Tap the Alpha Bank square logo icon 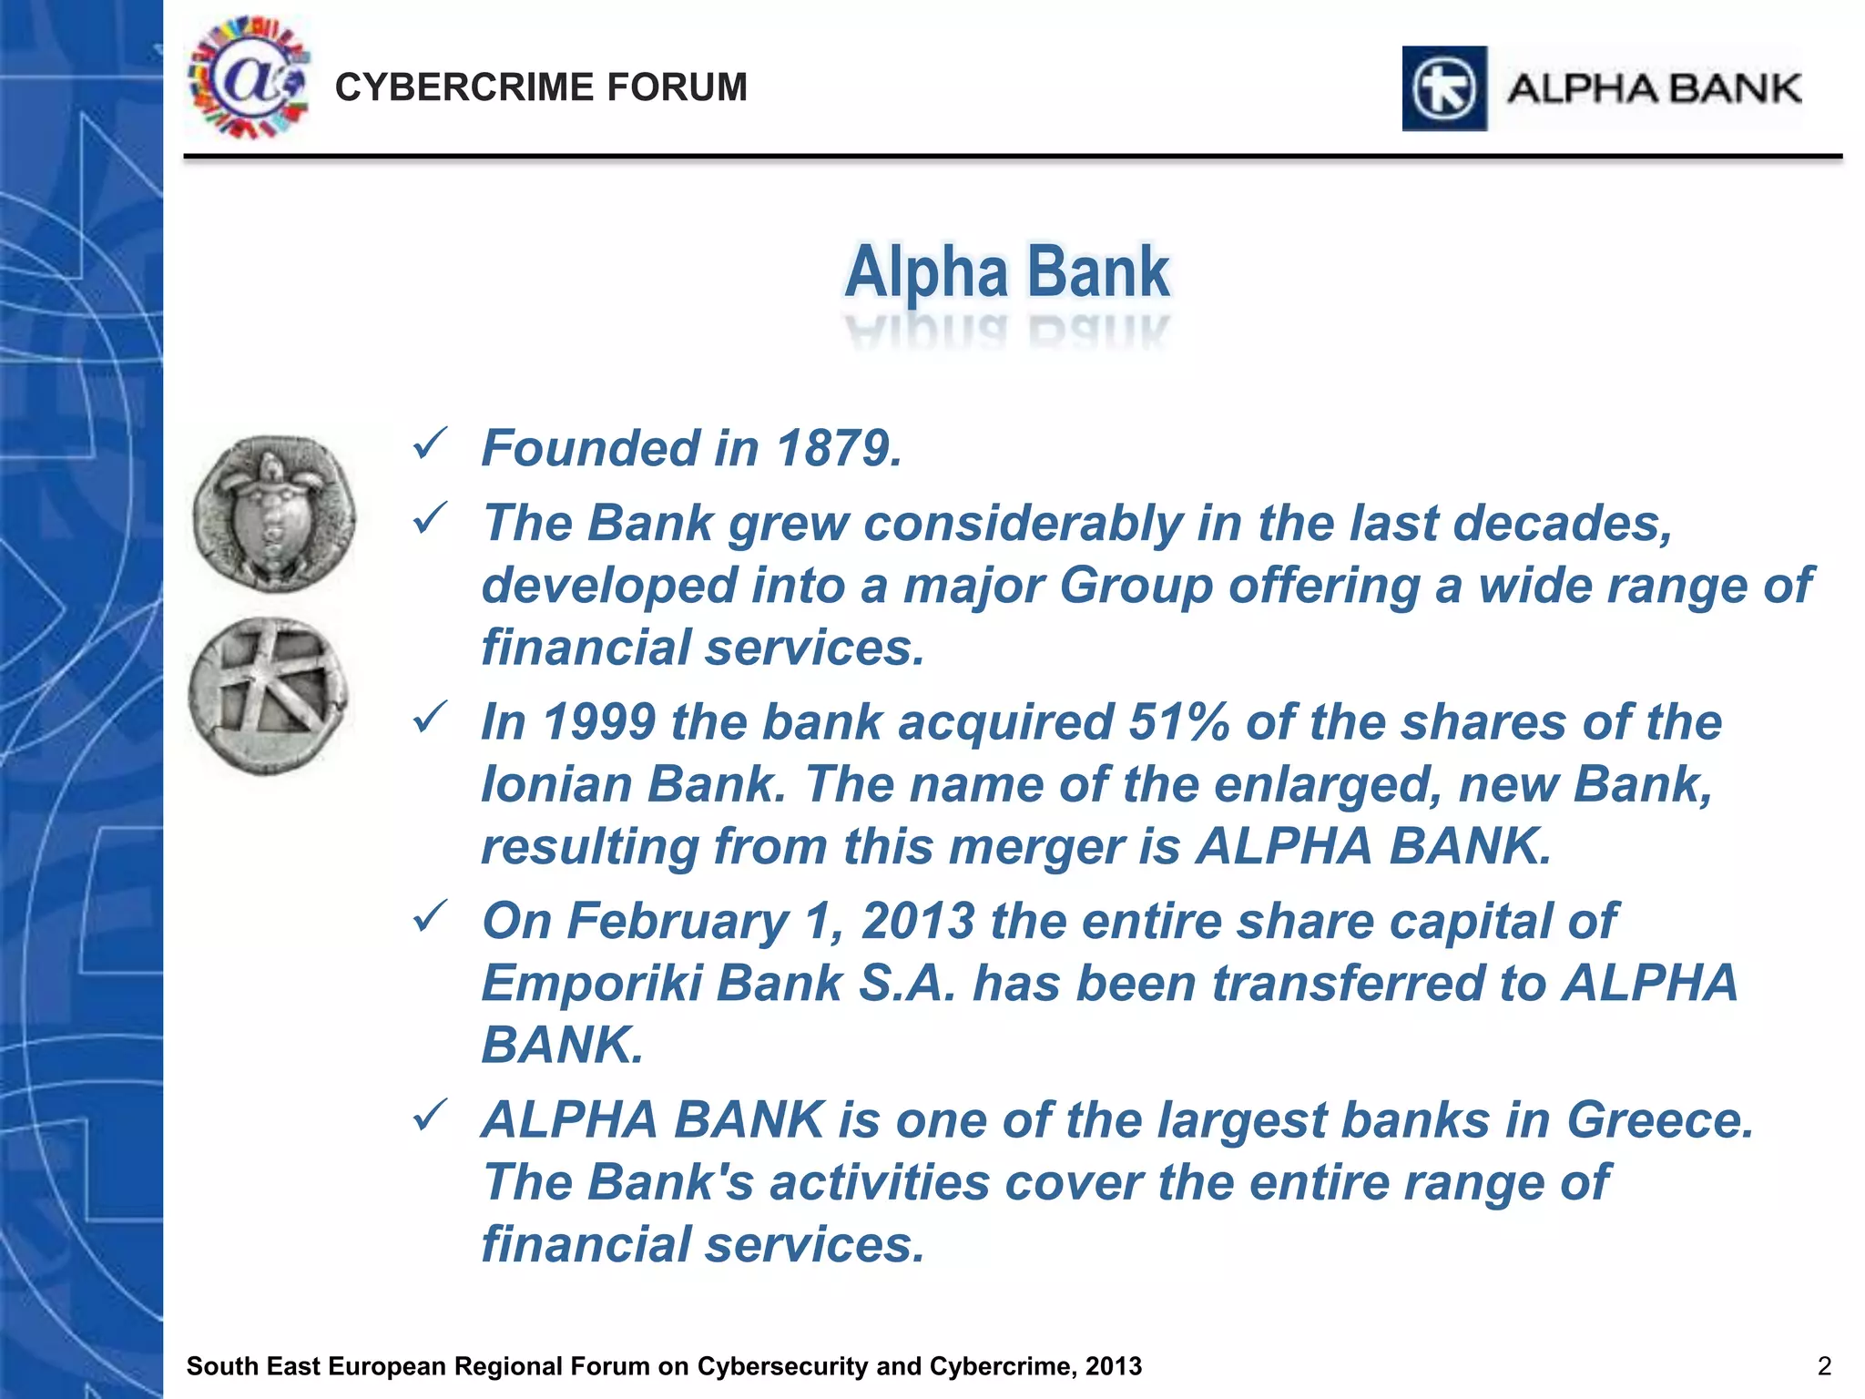point(1444,89)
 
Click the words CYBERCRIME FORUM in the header point(541,88)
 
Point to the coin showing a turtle point(273,513)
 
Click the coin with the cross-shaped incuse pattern point(268,696)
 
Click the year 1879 point(838,449)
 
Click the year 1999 point(599,722)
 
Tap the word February point(678,921)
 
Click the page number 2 point(1824,1366)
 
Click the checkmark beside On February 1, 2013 point(429,916)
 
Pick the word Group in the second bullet point(1136,586)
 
